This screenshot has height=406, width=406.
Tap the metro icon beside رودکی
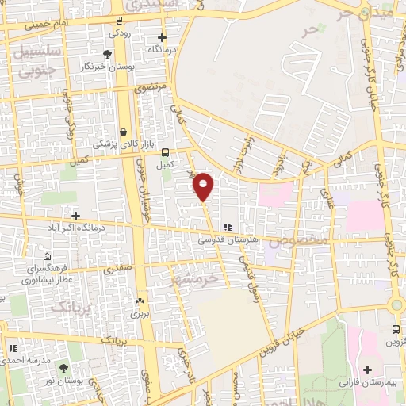click(x=118, y=21)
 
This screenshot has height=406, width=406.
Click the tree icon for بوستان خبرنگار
click(x=107, y=54)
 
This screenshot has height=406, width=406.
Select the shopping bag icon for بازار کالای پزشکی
click(x=123, y=132)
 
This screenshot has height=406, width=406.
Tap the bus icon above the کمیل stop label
click(x=165, y=152)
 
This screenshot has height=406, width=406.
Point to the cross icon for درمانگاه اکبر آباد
click(x=75, y=216)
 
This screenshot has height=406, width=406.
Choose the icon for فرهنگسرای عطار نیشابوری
click(x=47, y=258)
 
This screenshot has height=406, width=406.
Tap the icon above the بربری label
click(x=140, y=301)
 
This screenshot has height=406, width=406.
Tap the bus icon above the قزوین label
click(x=396, y=329)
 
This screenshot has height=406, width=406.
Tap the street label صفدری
click(x=117, y=270)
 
